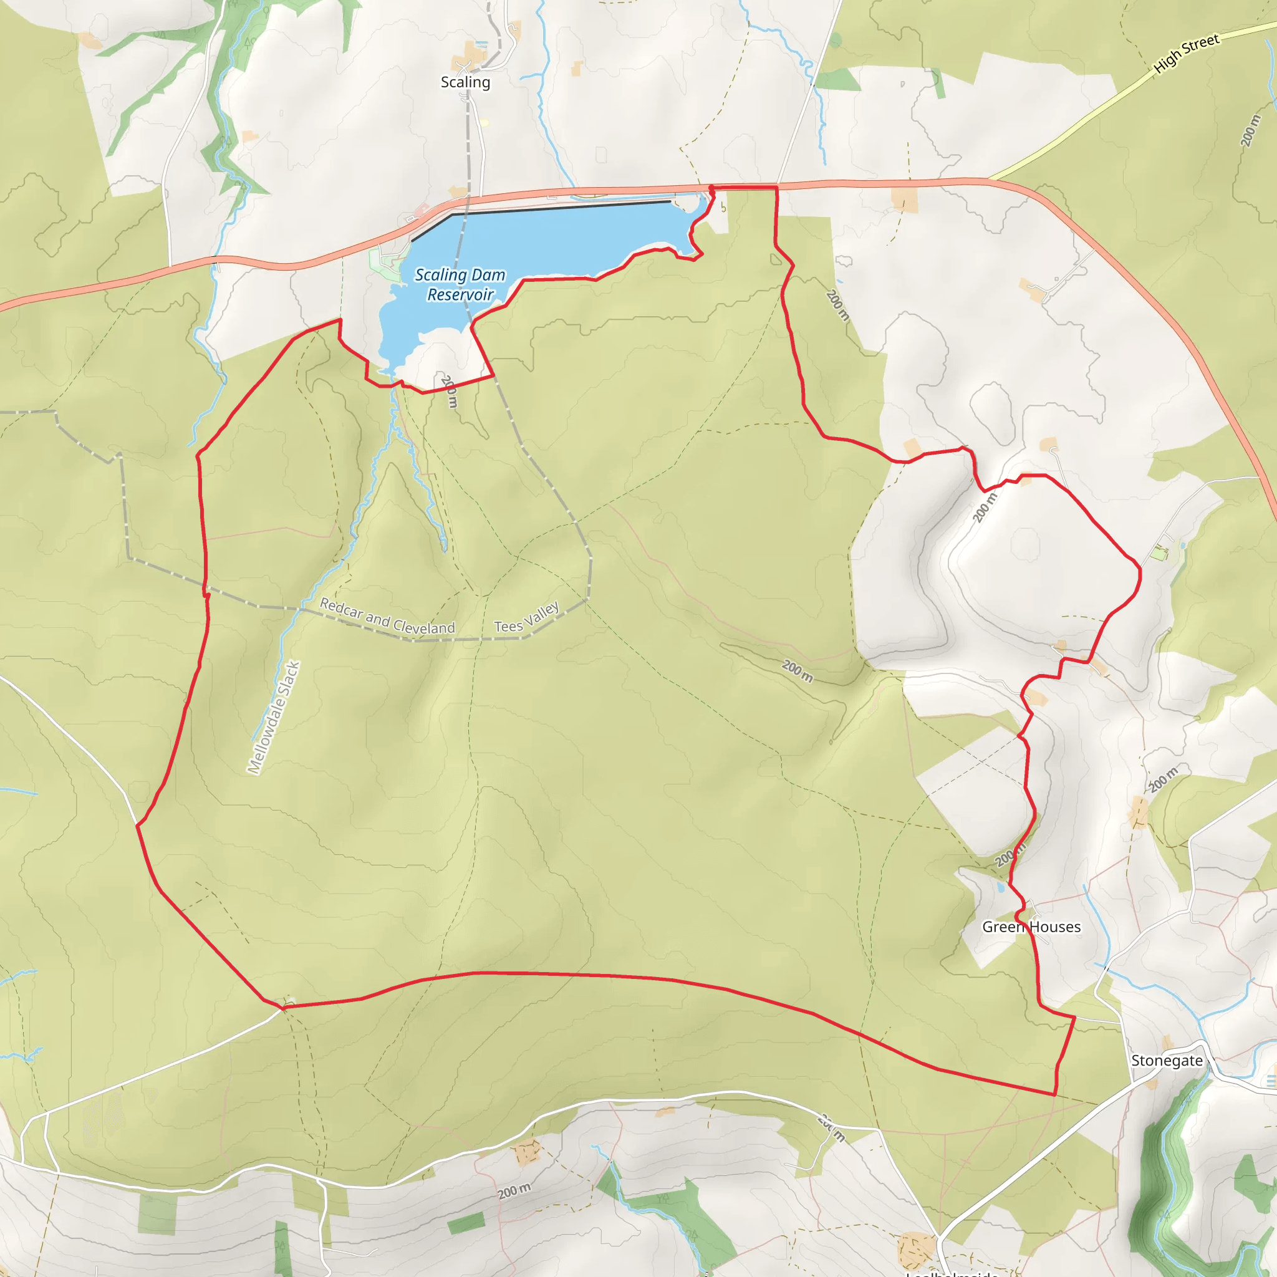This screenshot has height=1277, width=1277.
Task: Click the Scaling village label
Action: pos(465,82)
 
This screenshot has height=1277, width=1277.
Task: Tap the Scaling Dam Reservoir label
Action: pos(460,284)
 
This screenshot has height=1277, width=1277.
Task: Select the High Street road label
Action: pos(1187,53)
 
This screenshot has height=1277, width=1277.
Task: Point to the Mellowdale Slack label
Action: pos(274,717)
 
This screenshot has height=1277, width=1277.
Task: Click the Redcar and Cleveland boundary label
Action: pos(387,617)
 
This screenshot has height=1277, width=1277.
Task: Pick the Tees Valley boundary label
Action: pos(527,617)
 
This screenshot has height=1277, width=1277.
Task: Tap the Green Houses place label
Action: pos(1031,927)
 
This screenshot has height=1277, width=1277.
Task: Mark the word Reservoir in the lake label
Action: pos(460,295)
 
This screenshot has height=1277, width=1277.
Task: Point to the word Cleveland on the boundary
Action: pos(423,626)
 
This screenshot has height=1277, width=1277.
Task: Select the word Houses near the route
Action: pos(1056,927)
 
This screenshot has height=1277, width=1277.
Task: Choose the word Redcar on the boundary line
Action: pos(341,608)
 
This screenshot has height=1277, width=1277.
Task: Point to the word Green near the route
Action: pos(1003,927)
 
